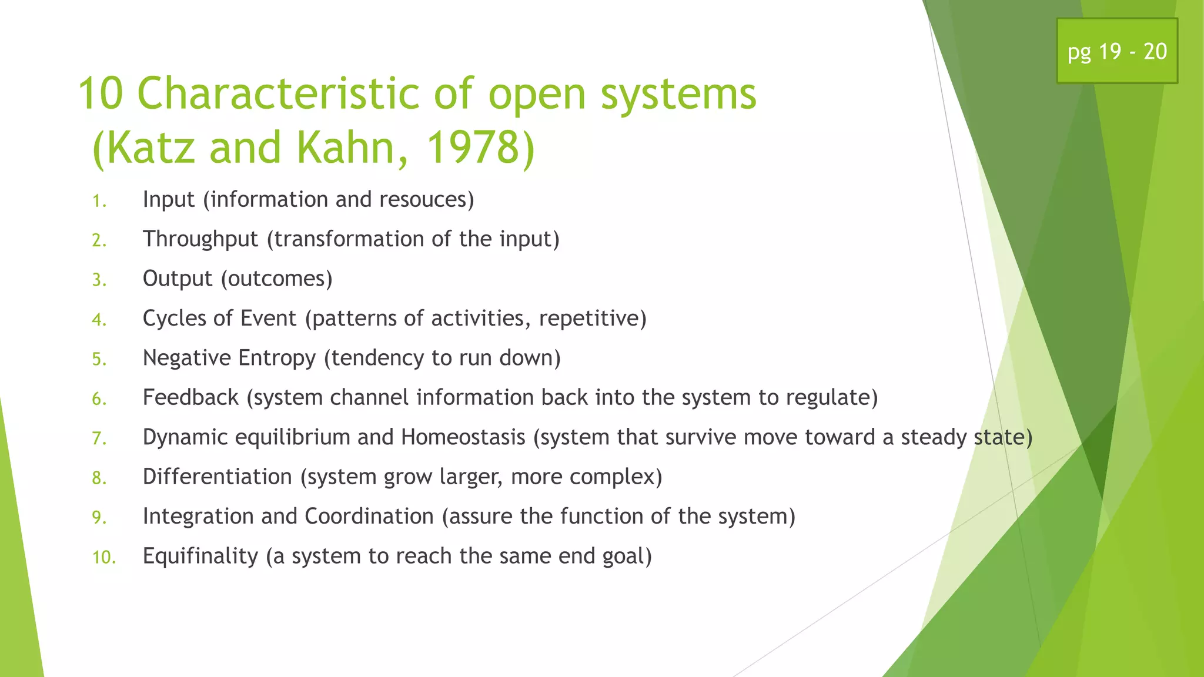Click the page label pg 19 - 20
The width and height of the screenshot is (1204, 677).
click(x=1117, y=52)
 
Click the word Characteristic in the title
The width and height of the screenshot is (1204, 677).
click(x=279, y=94)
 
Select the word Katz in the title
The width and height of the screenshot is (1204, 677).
click(x=150, y=147)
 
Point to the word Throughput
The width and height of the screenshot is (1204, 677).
click(x=200, y=239)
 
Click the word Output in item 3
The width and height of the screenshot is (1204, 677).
click(x=177, y=279)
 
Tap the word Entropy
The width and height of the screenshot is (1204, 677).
click(x=276, y=358)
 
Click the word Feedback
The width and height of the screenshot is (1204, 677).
click(x=190, y=398)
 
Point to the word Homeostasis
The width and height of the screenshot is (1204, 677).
click(x=463, y=437)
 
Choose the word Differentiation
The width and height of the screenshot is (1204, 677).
click(x=217, y=477)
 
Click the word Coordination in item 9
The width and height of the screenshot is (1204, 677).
click(x=369, y=517)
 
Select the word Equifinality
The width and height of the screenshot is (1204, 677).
click(x=200, y=556)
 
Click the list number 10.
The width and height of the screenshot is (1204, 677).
click(x=104, y=557)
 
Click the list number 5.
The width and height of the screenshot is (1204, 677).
click(x=99, y=359)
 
